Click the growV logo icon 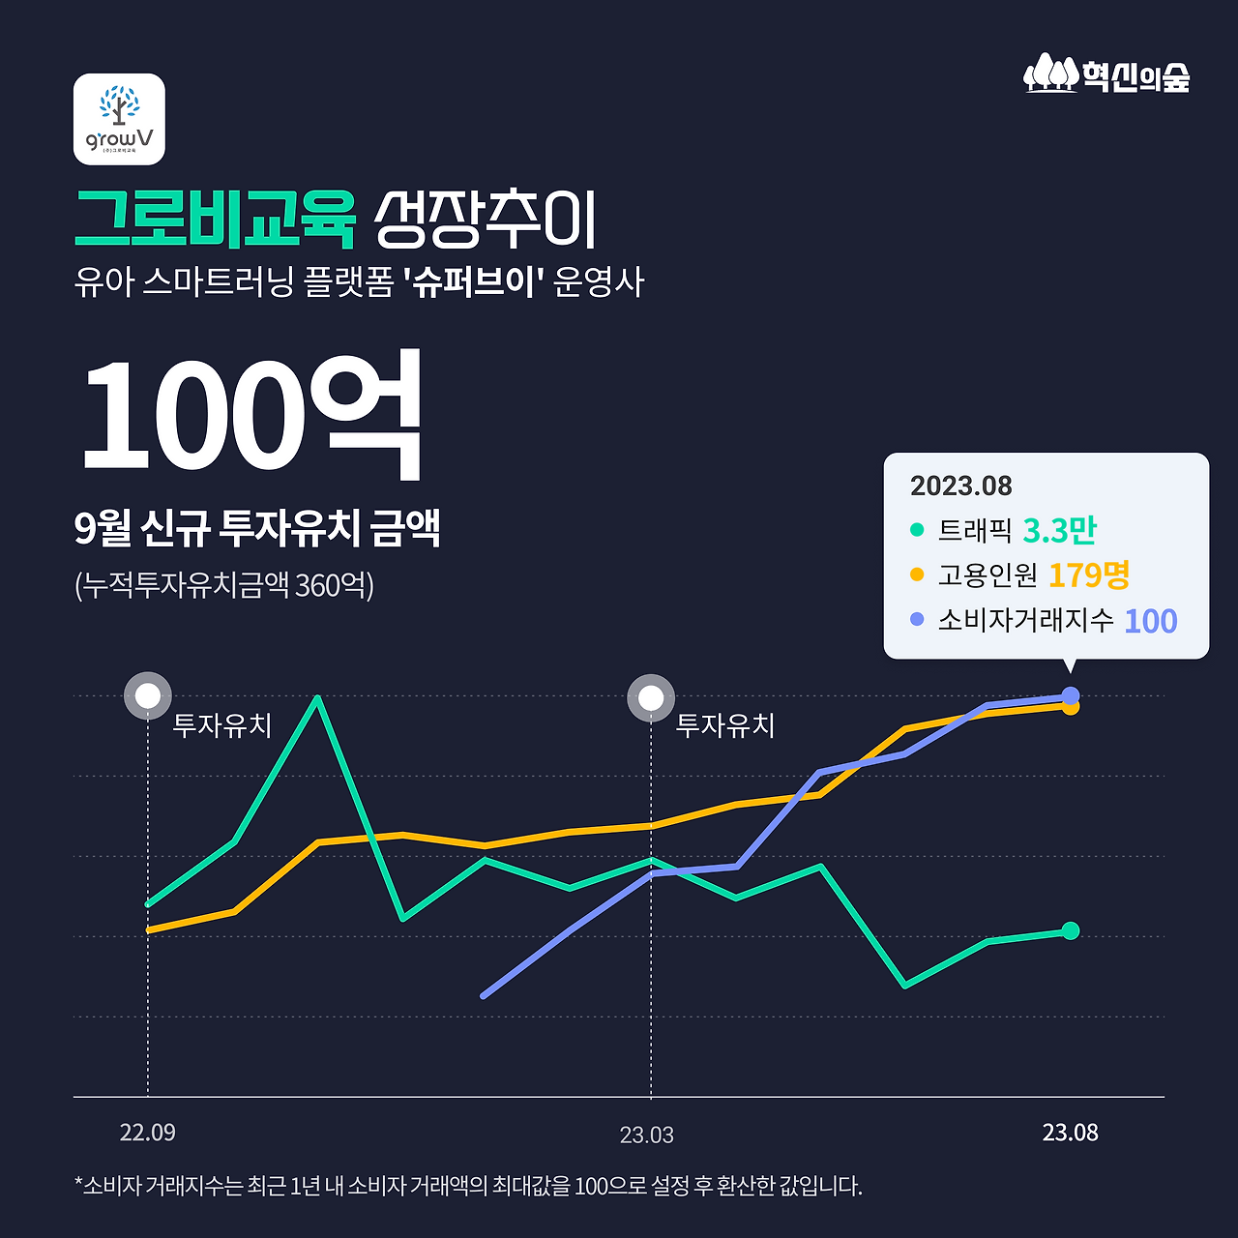pos(119,119)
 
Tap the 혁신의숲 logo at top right pos(1106,74)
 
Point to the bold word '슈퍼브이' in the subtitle pos(474,282)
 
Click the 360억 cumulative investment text pos(332,585)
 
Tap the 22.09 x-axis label pos(148,1133)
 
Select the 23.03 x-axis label pos(647,1135)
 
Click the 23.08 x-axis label pos(1070,1133)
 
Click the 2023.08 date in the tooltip pos(960,486)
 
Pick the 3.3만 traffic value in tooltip pos(1059,530)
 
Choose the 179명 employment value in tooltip pos(1089,575)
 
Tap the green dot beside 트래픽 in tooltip pos(917,530)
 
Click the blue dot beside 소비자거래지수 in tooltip pos(917,619)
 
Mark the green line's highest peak pos(317,697)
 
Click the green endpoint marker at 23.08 pos(1071,930)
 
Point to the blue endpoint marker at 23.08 pos(1071,695)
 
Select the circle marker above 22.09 pos(148,696)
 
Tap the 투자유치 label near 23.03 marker pos(725,725)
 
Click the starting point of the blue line pos(484,995)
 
